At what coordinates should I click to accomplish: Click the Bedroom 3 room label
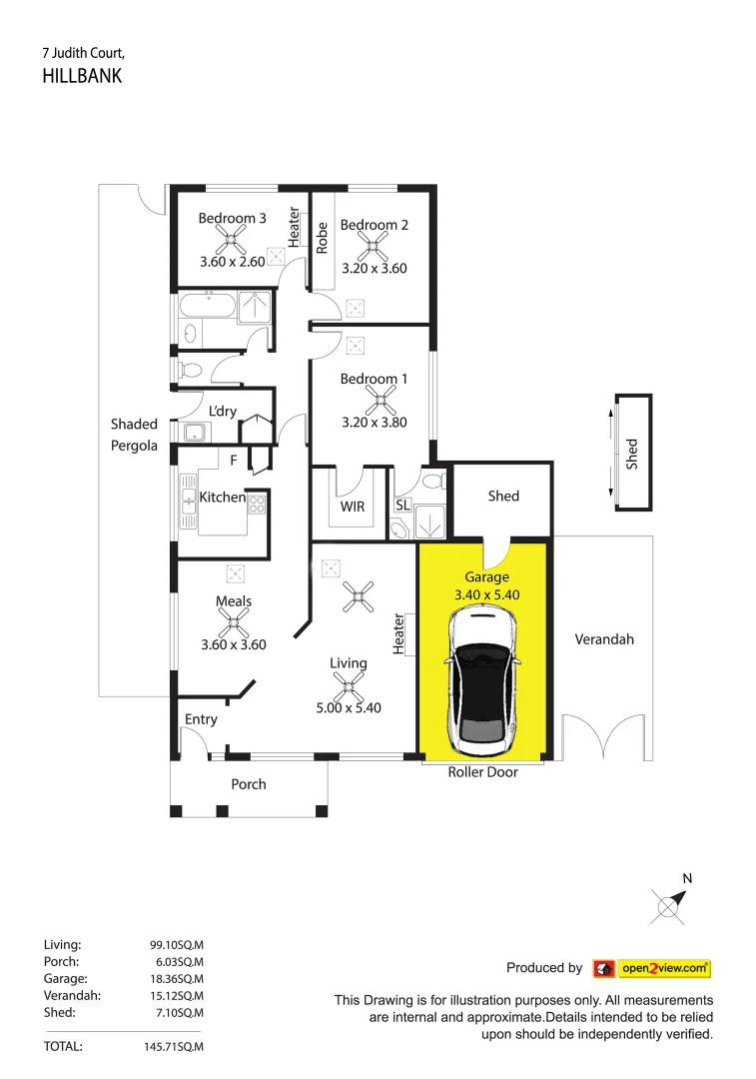[232, 218]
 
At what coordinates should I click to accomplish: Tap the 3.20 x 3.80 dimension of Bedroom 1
[375, 422]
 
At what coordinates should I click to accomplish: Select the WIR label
[353, 507]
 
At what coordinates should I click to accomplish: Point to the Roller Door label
[482, 772]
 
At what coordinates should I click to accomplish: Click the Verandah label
[604, 639]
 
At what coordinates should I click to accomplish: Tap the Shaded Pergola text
[134, 436]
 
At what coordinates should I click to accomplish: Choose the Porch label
[249, 784]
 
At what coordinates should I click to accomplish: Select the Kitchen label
[222, 497]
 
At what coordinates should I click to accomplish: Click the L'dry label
[222, 411]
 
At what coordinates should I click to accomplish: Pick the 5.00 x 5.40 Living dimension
[349, 707]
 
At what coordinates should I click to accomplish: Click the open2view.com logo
[652, 968]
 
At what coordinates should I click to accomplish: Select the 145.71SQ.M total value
[174, 1047]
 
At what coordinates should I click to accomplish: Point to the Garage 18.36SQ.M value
[176, 978]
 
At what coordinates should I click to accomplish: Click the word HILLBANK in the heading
[82, 76]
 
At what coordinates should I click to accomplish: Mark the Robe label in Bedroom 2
[323, 237]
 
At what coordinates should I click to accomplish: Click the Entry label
[201, 719]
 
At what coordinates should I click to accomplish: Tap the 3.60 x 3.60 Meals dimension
[233, 644]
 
